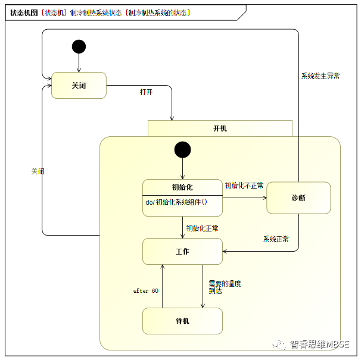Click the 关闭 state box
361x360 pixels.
79,85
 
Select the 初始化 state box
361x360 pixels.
182,197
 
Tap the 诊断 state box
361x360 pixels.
298,198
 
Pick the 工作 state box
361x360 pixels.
182,252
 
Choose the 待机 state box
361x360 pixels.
182,321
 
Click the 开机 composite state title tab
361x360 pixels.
220,128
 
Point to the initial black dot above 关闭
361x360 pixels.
79,46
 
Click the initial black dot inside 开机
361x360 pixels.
182,149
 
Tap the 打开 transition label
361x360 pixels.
146,92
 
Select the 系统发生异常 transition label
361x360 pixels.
320,76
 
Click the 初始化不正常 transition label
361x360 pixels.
244,186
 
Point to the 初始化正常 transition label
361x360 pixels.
202,228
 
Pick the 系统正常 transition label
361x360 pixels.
276,239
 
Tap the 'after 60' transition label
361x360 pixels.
146,291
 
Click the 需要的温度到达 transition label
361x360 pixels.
224,287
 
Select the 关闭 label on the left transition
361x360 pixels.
38,171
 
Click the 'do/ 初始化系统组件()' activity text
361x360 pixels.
176,202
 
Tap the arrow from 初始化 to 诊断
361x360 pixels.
244,198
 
